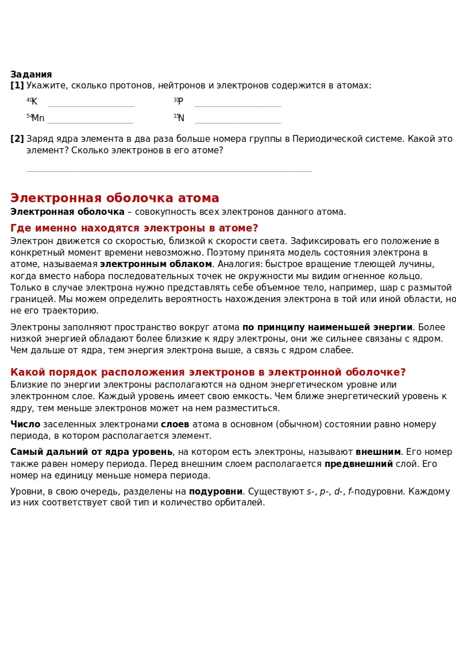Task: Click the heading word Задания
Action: coord(31,74)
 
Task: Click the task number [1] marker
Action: coord(17,86)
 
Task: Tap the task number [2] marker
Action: coord(17,139)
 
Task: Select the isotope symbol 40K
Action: coord(32,102)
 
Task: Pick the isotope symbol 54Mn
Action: coord(35,118)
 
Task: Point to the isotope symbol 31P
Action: coord(178,102)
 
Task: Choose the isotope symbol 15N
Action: coord(179,118)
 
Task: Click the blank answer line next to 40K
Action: coord(91,106)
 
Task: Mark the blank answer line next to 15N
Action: coord(238,122)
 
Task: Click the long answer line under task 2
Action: coord(169,171)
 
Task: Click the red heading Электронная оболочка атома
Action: coord(115,198)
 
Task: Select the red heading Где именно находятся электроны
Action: coord(134,228)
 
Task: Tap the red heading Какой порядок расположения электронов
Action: coord(208,372)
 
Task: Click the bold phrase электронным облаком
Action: coord(156,264)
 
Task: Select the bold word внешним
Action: coord(378,451)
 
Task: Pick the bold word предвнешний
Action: coord(358,464)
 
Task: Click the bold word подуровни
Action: coord(215,492)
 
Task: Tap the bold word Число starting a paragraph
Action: coord(25,424)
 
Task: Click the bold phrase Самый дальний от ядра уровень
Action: coord(91,451)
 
